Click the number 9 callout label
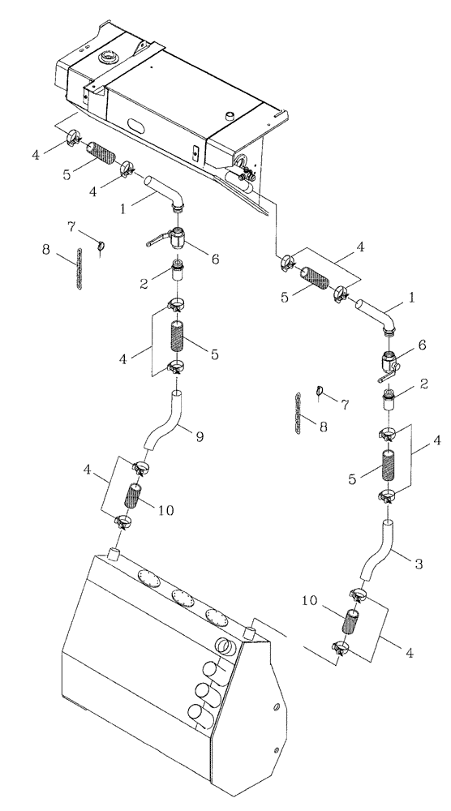(200, 436)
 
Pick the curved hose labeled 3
(379, 554)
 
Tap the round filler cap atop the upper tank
(108, 58)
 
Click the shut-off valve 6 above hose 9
(179, 238)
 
